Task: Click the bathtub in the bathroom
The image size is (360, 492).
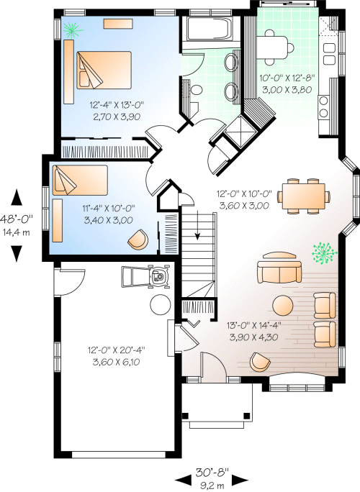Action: (207, 30)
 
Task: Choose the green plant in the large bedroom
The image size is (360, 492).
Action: (71, 29)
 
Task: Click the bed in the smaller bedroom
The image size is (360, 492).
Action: (78, 180)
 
